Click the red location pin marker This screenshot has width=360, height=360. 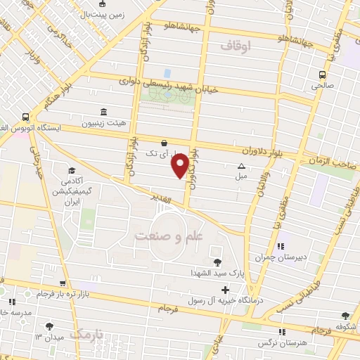click(x=181, y=165)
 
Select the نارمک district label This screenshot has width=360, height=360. click(x=86, y=333)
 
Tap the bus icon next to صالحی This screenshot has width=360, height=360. click(x=322, y=75)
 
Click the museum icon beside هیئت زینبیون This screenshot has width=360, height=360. click(x=103, y=112)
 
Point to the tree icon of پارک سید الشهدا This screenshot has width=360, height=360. click(x=214, y=262)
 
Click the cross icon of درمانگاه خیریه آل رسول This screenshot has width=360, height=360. click(x=225, y=290)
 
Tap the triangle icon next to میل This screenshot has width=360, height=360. click(x=241, y=167)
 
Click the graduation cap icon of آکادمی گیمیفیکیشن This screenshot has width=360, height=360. click(x=72, y=170)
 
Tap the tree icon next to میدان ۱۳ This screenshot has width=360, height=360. click(x=49, y=326)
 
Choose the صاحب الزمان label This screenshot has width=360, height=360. click(x=334, y=162)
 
